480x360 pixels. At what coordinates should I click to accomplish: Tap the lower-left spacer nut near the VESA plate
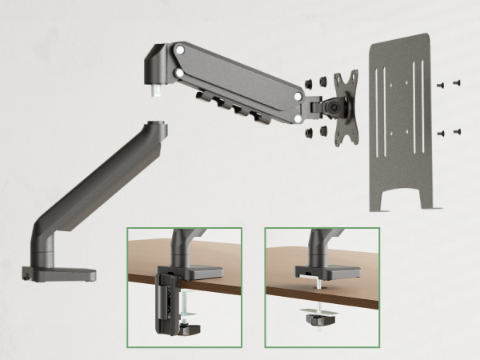pos(311,129)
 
